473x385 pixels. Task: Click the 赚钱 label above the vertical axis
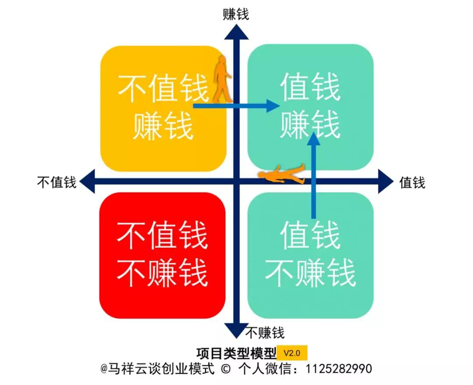(236, 14)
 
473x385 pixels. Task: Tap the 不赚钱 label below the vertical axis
(265, 333)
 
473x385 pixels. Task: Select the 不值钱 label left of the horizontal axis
(56, 182)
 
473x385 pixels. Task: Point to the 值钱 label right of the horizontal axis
(413, 182)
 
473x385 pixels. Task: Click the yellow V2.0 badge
(292, 353)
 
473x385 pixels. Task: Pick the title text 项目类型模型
(236, 353)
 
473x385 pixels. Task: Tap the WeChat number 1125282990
(339, 369)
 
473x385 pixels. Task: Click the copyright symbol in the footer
(226, 369)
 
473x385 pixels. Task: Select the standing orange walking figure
(222, 78)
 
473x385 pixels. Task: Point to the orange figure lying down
(282, 174)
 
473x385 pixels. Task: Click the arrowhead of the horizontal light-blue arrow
(273, 106)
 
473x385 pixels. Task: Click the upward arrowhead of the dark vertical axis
(236, 32)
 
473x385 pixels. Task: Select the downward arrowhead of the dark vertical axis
(236, 331)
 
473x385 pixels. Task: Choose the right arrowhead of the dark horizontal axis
(386, 181)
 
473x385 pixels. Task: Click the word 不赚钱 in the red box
(162, 273)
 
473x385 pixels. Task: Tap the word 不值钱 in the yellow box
(163, 88)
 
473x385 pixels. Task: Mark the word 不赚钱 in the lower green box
(311, 273)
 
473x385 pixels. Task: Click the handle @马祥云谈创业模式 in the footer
(158, 369)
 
